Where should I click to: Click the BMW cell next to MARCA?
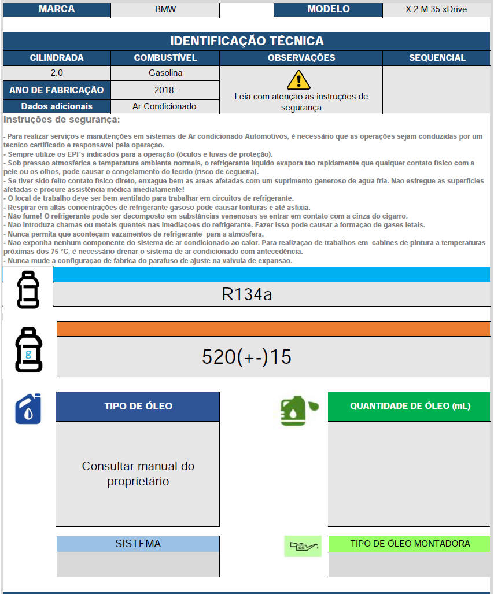click(x=165, y=9)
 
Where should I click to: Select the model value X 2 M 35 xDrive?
click(x=437, y=9)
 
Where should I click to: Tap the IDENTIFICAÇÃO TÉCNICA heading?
click(x=246, y=41)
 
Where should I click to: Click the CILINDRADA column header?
click(x=57, y=58)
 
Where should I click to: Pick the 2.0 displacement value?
click(x=57, y=73)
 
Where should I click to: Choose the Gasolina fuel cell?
click(x=165, y=73)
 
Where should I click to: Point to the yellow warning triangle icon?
click(x=298, y=80)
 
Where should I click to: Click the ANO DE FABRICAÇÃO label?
click(x=57, y=90)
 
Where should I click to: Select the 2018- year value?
click(x=165, y=90)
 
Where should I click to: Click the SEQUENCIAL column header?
click(x=437, y=58)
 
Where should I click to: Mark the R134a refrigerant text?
click(x=246, y=294)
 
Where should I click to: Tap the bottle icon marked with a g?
click(x=28, y=352)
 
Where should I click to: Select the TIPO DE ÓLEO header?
click(x=138, y=406)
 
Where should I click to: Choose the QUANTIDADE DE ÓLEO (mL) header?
click(x=410, y=406)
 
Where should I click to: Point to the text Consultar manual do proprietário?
click(x=138, y=474)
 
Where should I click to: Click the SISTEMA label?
click(x=138, y=544)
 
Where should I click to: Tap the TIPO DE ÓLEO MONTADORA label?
click(x=410, y=544)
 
